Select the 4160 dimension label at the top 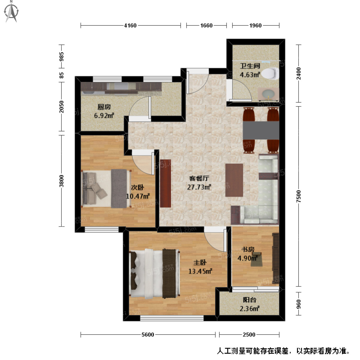[130, 25]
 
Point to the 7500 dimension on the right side [298, 196]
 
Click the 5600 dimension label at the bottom [148, 334]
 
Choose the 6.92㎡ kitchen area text [104, 115]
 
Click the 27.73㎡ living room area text [199, 187]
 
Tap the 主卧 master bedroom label [200, 262]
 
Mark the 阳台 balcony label [249, 300]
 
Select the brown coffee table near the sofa [234, 180]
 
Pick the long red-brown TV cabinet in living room [165, 183]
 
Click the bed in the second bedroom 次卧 [106, 189]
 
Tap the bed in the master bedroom [154, 273]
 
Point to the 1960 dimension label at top [255, 25]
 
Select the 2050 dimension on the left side [61, 107]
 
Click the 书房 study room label [248, 249]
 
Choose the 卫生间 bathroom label [250, 66]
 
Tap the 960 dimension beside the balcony [298, 304]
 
